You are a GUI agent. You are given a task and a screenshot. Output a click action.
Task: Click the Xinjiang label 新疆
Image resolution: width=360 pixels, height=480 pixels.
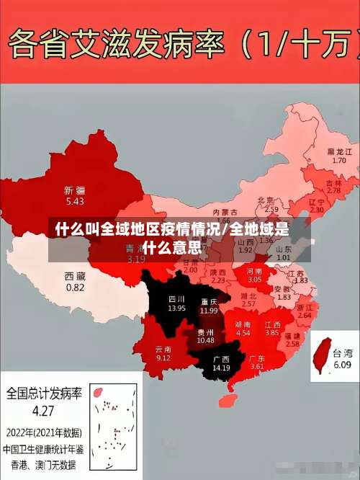point(75,190)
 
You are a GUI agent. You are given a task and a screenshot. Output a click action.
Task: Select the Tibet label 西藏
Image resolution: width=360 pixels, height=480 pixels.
point(75,276)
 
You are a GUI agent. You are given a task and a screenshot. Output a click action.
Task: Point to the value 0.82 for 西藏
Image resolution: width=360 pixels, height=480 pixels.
point(75,287)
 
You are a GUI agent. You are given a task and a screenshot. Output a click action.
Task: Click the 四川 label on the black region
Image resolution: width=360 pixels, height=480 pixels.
point(176,298)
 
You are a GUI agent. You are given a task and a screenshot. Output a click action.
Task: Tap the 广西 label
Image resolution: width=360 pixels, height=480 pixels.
point(220,358)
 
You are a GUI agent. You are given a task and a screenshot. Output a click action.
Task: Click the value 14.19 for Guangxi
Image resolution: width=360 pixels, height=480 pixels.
point(220,368)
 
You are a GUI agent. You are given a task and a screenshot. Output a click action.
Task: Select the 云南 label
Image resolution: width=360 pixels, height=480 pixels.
point(163,348)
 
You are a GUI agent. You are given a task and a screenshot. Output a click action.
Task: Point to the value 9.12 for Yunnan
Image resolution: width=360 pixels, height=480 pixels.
point(163,357)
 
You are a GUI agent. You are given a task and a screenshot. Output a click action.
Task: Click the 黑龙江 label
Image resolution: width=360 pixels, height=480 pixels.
point(339,152)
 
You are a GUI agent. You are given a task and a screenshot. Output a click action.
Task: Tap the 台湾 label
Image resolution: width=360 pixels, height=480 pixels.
point(343,353)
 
